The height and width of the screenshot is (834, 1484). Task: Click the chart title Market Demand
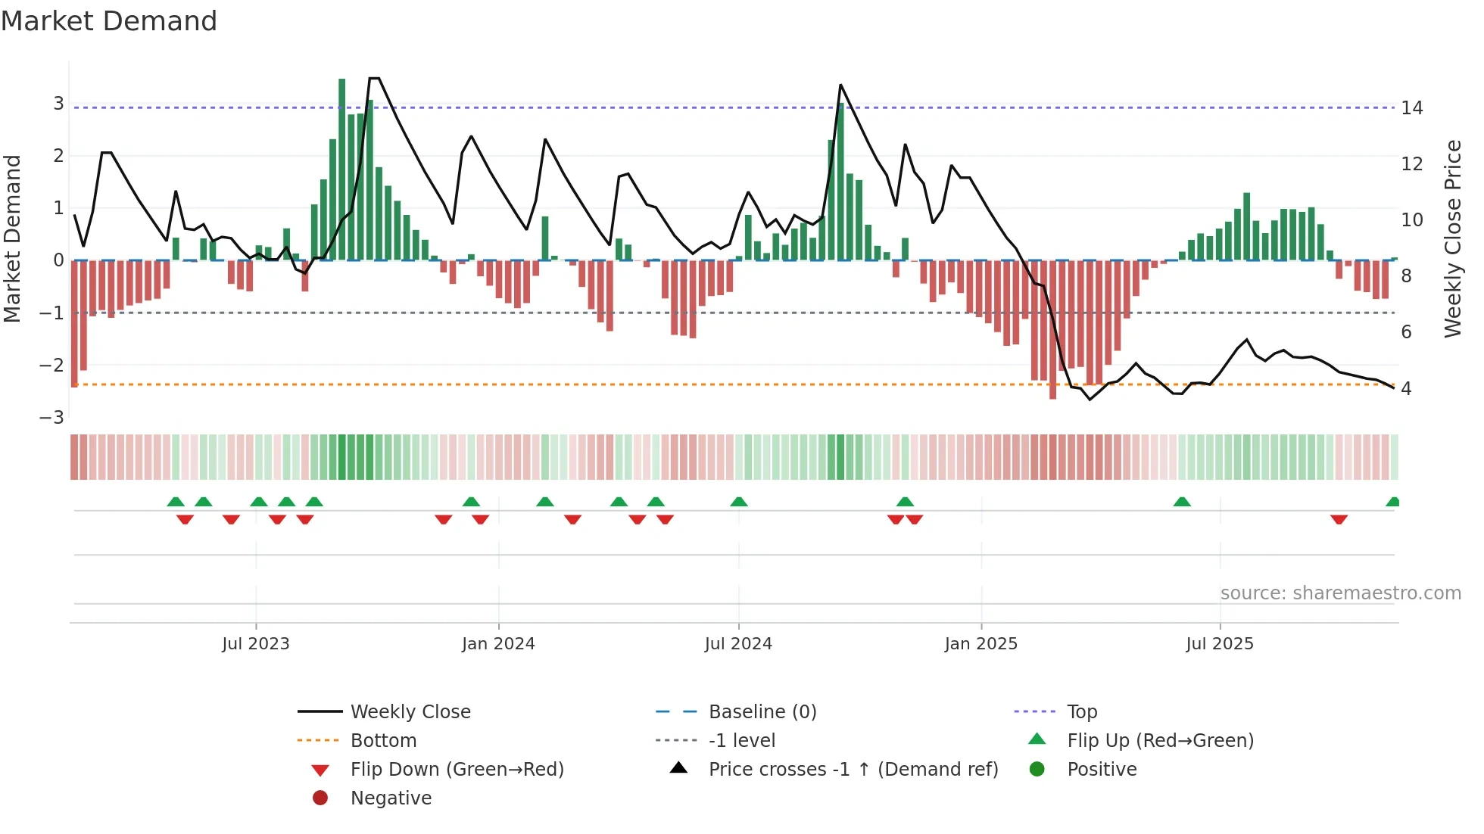coord(109,21)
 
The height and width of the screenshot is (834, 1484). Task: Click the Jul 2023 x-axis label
coord(256,644)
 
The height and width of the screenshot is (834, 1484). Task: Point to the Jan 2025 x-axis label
coord(981,644)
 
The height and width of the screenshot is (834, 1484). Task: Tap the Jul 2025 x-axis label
coord(1220,644)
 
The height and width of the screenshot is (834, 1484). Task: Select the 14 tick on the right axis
coord(1412,108)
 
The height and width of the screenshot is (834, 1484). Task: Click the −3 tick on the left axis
coord(52,418)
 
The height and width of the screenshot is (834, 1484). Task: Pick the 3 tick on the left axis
coord(58,104)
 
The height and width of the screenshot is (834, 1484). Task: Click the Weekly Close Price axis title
coord(1452,238)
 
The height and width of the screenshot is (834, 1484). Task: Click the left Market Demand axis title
coord(13,238)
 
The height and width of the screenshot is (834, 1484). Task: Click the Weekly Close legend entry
coord(410,712)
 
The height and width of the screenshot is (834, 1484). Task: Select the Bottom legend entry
coord(383,741)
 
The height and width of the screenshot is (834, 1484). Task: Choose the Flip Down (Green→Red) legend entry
coord(457,770)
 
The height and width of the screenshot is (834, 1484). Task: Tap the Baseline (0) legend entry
coord(762,712)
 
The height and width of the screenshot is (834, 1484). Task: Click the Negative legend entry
coord(391,798)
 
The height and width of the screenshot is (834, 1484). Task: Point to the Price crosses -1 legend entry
coord(853,770)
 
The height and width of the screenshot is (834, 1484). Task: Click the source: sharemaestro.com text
coord(1340,593)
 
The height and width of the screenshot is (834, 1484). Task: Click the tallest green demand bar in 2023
coord(342,166)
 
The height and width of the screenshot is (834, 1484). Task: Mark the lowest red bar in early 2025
coord(1052,329)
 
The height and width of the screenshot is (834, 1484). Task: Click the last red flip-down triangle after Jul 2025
coord(1339,519)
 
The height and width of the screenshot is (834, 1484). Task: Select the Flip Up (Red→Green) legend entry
coord(1160,741)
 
